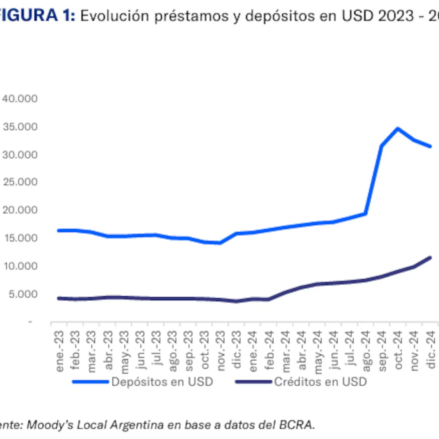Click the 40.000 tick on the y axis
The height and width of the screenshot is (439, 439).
(20, 99)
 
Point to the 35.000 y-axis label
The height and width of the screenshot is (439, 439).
(20, 127)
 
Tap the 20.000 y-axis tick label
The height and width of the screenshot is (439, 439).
(20, 210)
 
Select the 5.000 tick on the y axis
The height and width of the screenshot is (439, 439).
(23, 294)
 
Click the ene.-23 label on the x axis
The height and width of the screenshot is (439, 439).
(59, 351)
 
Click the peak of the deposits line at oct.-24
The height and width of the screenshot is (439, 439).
(398, 128)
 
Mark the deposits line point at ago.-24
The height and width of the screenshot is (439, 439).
(365, 214)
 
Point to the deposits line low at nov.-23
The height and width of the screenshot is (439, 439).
(220, 243)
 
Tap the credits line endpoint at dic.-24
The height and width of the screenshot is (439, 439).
(430, 258)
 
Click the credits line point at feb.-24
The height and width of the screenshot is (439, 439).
(269, 299)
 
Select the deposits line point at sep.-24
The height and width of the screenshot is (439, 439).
(382, 146)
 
